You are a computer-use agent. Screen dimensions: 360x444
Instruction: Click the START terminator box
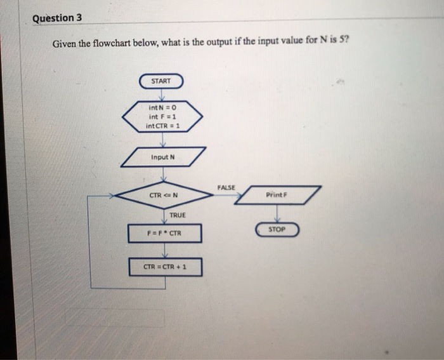162,81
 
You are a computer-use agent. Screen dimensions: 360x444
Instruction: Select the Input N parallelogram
164,156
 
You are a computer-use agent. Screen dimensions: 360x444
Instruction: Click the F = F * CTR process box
164,234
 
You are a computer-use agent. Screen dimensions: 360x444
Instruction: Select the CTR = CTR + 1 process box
165,267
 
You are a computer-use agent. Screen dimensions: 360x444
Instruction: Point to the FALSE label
225,187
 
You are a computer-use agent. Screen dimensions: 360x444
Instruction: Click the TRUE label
178,215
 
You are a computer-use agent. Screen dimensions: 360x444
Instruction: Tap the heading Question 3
58,17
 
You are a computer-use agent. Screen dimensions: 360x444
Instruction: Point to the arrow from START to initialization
162,95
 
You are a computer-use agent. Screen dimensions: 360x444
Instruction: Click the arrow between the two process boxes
164,250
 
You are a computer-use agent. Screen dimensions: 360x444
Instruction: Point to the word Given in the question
64,43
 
